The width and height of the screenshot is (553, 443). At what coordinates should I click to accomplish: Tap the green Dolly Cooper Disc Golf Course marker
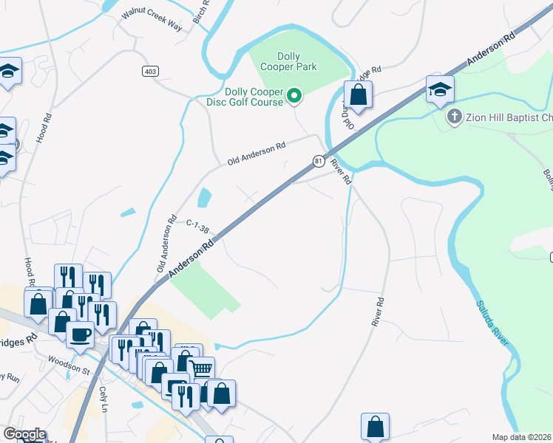pos(294,95)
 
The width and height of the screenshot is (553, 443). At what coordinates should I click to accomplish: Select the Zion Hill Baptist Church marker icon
pos(455,117)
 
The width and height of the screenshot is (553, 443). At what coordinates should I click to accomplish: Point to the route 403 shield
pos(152,71)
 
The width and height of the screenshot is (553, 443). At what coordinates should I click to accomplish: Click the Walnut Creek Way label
pos(152,20)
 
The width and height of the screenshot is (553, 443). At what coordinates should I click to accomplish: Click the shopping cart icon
pos(202,368)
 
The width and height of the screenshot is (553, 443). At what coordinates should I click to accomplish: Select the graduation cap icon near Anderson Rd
pos(440,90)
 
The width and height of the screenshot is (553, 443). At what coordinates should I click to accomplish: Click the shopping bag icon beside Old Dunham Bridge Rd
pos(358,95)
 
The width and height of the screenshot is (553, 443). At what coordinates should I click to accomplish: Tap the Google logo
pos(24,434)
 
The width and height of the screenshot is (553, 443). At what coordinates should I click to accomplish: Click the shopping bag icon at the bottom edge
pos(375,427)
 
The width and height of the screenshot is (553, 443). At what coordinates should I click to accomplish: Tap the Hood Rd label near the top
pos(46,128)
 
